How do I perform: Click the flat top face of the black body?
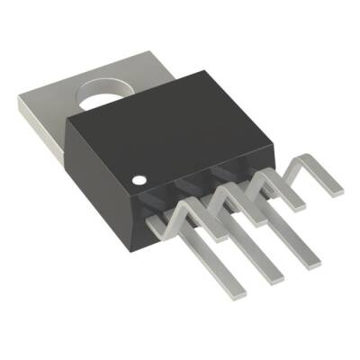[171, 135]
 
